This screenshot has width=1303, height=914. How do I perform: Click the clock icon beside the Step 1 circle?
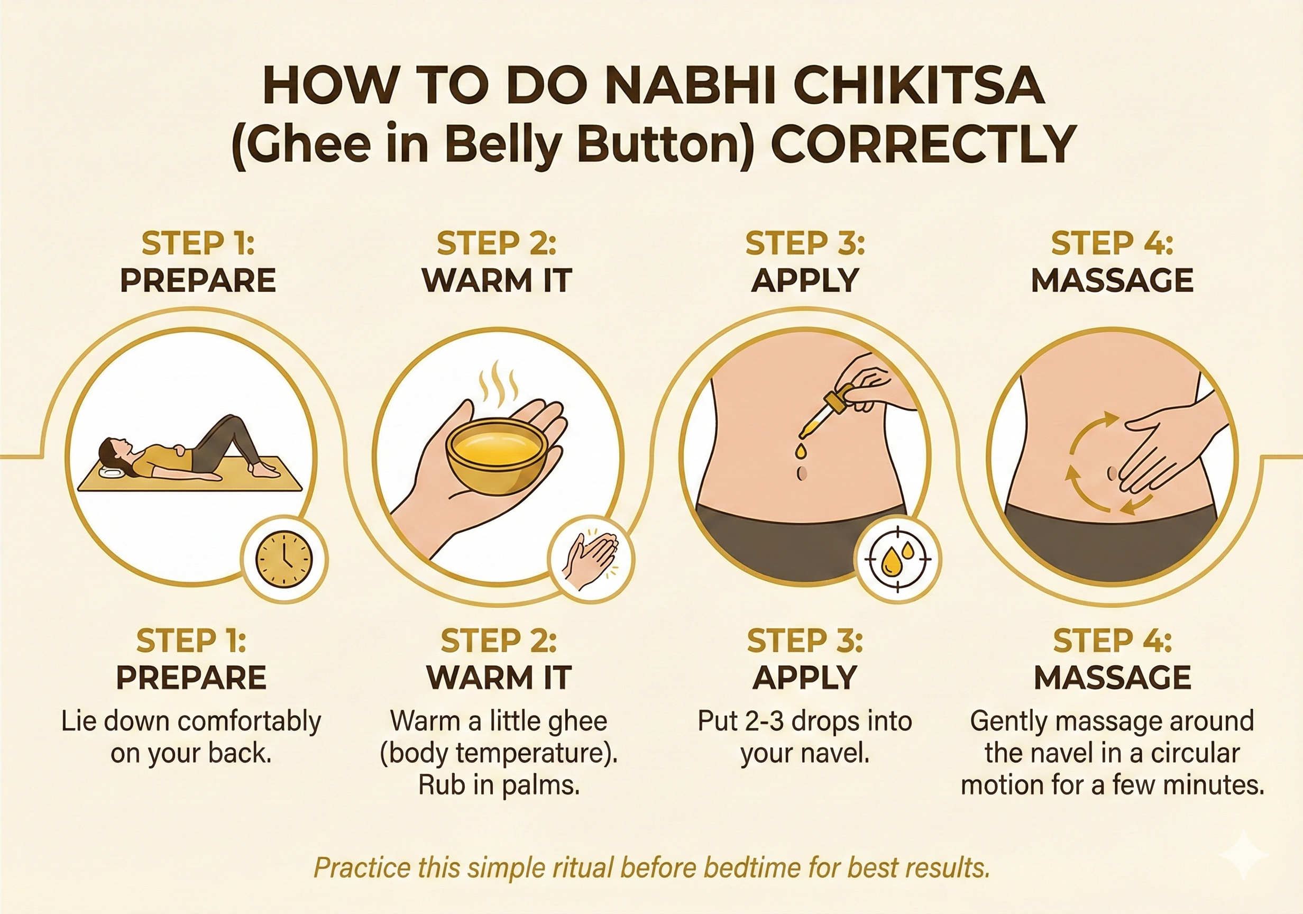pos(284,559)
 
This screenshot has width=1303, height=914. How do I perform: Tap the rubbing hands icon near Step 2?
pos(591,559)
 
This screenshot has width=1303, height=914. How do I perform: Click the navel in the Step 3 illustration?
pos(802,472)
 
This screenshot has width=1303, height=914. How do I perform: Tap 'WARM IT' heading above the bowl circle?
pos(497,280)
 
